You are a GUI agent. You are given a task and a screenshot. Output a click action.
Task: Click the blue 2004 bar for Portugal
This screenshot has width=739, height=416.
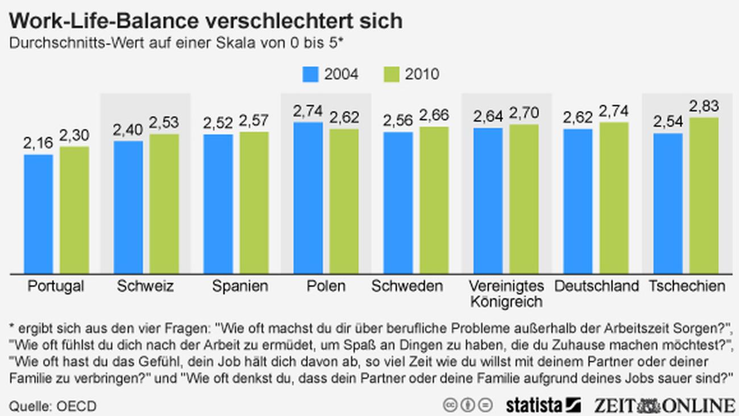(38, 214)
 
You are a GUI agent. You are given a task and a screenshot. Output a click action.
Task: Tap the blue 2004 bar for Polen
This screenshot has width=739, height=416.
(308, 197)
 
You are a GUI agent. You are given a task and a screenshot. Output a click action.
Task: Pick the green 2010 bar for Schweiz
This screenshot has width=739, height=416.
(164, 204)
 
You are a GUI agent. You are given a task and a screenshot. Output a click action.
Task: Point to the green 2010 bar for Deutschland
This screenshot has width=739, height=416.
(614, 197)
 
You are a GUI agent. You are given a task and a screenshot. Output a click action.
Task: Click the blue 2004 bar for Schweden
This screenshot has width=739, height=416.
(398, 203)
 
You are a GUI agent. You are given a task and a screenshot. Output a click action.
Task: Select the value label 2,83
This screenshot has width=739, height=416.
(704, 106)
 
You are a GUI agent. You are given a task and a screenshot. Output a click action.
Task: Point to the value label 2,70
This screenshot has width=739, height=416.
(524, 113)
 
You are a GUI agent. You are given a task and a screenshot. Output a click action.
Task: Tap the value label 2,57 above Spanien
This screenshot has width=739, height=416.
(254, 121)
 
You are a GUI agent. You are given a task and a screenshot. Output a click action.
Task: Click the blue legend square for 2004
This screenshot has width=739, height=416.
(310, 74)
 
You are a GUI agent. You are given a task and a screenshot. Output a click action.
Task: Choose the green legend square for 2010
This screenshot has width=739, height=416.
(391, 74)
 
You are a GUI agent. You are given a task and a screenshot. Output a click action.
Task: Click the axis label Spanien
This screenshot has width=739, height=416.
(240, 286)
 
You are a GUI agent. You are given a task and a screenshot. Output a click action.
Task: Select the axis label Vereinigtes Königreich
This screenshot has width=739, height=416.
(506, 293)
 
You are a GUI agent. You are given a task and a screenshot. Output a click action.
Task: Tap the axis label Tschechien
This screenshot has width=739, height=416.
(687, 286)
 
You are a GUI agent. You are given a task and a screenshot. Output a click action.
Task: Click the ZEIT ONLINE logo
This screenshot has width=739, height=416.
(665, 405)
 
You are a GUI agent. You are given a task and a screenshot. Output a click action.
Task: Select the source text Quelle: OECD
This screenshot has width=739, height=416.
(53, 406)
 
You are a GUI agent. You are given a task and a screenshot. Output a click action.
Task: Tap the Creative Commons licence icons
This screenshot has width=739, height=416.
(468, 405)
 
